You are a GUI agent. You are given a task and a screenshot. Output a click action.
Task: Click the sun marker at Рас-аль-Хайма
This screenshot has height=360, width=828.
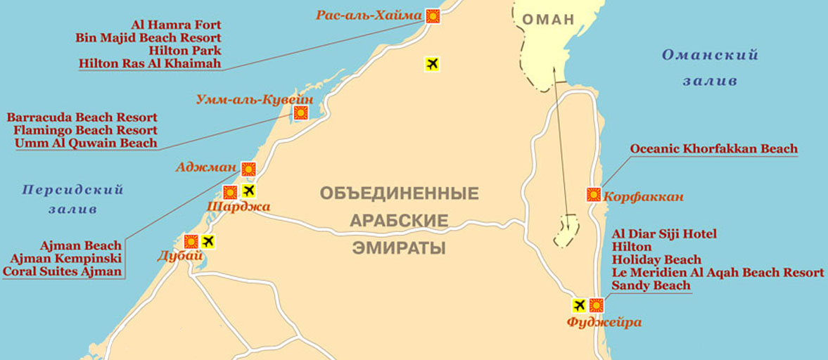pos(433,16)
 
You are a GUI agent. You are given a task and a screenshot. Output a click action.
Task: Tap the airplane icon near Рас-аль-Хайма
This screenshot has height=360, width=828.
pos(432,64)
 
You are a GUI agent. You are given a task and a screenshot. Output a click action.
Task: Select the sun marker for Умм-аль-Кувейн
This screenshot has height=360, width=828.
pos(301,112)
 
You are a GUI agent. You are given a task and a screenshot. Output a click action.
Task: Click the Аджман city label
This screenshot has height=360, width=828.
pos(209,168)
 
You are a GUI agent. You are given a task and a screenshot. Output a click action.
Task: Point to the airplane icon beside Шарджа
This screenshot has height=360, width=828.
pos(248,191)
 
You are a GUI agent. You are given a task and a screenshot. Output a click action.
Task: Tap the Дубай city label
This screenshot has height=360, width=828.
pos(180,257)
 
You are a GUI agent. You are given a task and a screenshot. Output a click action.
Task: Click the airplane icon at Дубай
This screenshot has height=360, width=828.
pos(208,241)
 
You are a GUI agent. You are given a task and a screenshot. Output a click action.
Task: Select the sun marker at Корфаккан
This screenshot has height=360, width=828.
pos(594,195)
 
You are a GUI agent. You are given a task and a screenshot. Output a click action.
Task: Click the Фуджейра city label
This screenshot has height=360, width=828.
pos(604,323)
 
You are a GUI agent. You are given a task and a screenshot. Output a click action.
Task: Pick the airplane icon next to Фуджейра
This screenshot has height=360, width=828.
pos(579,305)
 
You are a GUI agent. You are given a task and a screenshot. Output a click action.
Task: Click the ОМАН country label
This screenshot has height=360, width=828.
pos(548,20)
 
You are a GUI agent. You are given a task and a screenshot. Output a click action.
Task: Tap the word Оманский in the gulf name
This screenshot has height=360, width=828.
pos(709,56)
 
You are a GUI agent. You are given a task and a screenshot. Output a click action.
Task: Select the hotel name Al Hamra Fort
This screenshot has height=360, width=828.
pos(176,25)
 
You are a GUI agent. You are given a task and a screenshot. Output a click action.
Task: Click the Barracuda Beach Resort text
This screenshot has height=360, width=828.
pos(82,117)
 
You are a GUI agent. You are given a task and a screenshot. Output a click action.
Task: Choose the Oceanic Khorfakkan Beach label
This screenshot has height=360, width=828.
pos(714,149)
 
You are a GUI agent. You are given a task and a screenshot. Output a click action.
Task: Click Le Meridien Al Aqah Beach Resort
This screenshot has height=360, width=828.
pos(718,273)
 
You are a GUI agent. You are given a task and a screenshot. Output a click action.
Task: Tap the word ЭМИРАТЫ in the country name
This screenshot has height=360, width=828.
pos(399,248)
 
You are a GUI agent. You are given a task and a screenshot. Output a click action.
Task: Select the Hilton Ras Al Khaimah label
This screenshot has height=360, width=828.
pos(150,63)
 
